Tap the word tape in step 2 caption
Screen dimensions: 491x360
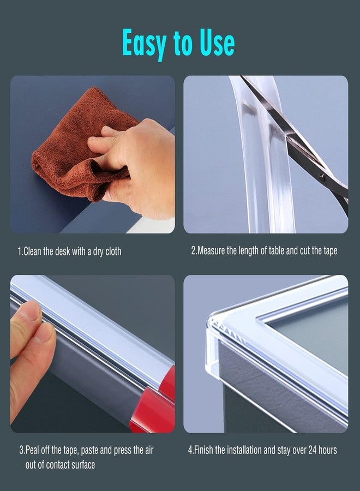[x=328, y=251]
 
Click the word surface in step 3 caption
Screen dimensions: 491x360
[x=82, y=464]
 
